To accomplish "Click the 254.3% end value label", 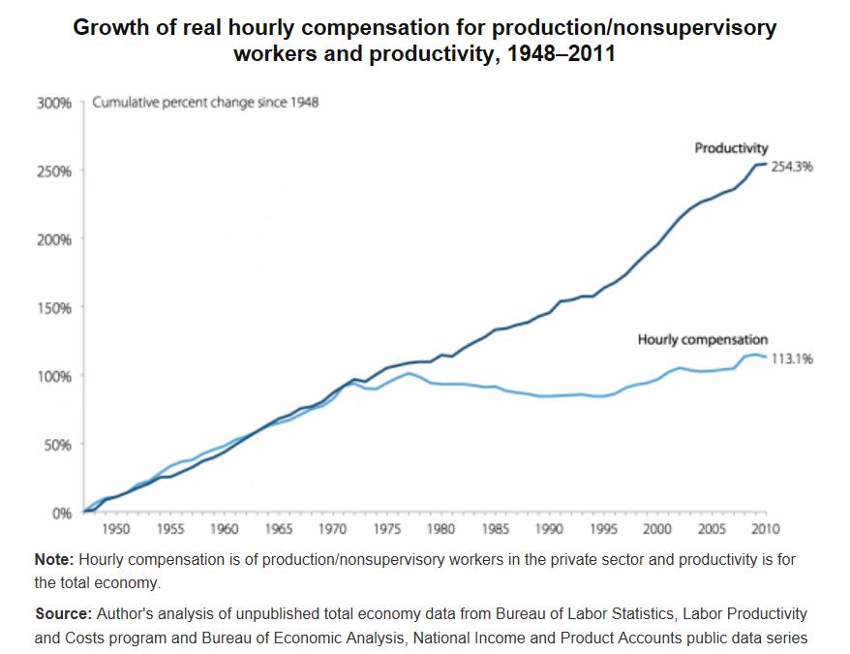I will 792,167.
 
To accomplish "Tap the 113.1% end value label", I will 792,358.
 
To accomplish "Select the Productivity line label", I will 731,148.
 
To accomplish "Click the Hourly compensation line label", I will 702,340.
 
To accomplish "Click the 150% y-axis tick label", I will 54,308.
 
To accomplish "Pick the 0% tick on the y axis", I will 62,514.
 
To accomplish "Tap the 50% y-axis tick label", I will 58,445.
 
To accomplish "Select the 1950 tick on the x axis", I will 115,529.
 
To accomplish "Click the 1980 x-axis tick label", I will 440,529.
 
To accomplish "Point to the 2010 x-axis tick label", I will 766,529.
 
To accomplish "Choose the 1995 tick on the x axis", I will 603,529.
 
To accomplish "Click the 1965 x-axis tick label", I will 278,529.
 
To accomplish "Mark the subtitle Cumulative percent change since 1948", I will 205,103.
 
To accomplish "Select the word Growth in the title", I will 112,27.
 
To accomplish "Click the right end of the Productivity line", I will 767,164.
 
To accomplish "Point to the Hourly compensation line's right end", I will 767,358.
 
